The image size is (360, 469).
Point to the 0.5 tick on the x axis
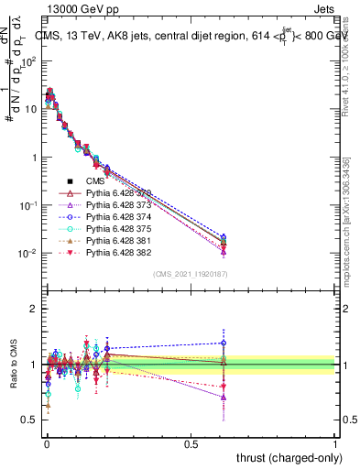click(x=191, y=442)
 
